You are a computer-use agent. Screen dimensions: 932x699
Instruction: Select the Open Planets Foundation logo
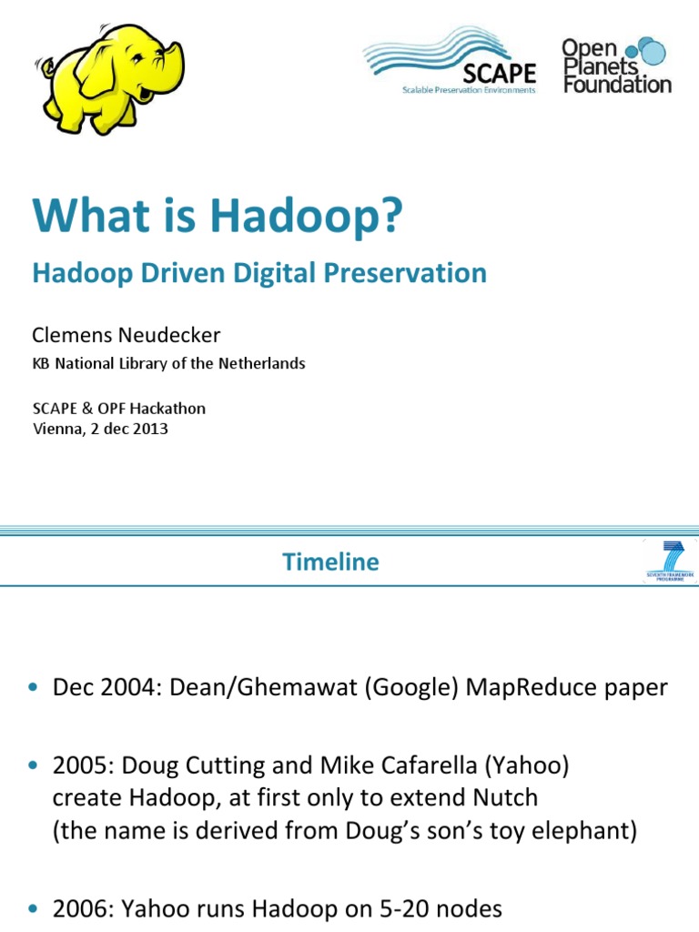(x=617, y=64)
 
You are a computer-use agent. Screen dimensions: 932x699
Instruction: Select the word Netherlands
(x=264, y=363)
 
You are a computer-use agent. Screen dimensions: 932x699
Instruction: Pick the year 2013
(x=150, y=429)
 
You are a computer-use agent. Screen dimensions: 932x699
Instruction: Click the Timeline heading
(x=330, y=562)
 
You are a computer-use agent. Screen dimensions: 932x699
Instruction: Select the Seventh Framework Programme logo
(x=670, y=561)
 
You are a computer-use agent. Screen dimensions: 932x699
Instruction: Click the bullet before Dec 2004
(x=35, y=689)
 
